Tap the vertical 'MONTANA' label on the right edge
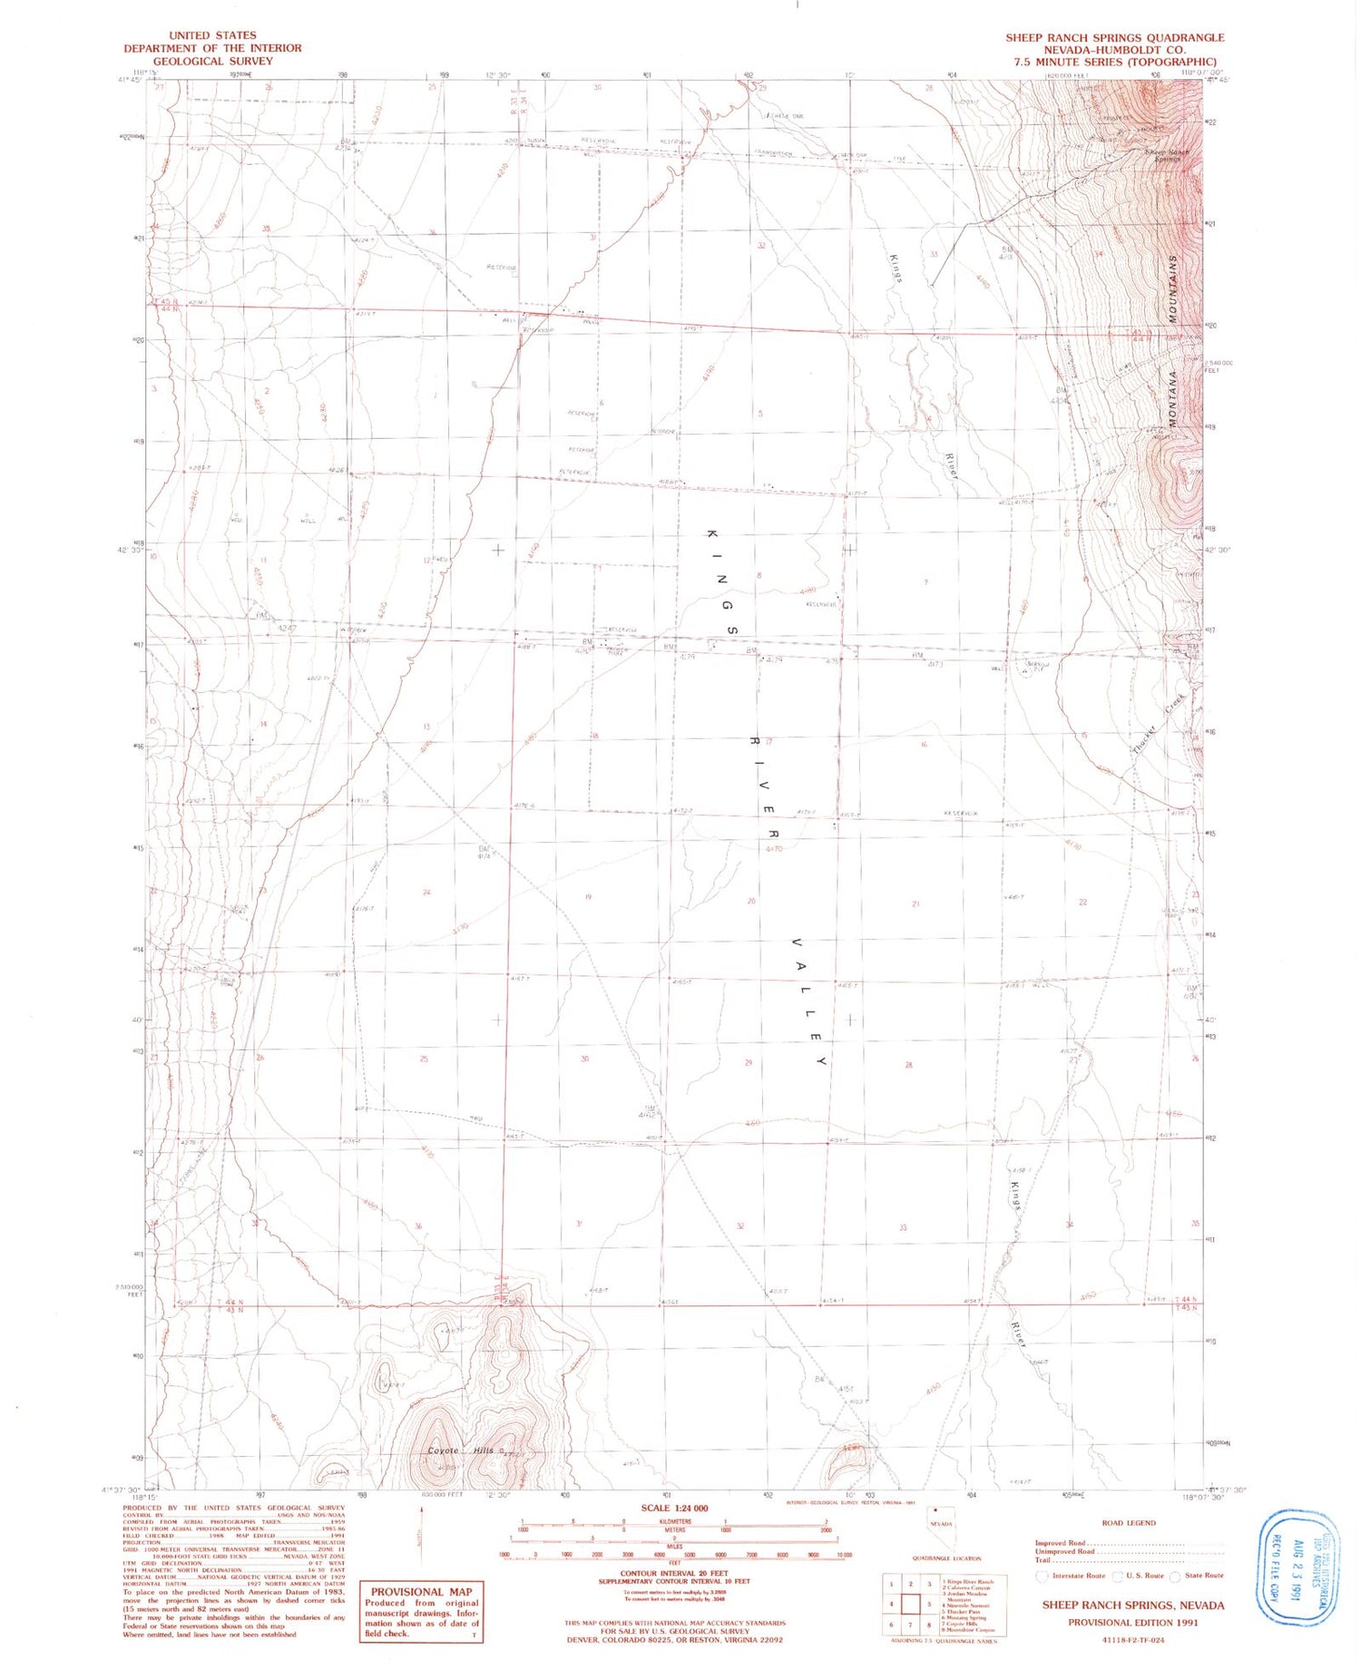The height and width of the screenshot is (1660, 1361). tap(1172, 399)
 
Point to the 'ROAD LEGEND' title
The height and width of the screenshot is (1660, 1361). tap(1128, 1522)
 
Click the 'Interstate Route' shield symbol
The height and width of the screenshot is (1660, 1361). tap(1042, 1576)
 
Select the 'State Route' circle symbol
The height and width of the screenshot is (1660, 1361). tap(1175, 1576)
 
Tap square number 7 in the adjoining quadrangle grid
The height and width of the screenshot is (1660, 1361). tap(910, 1624)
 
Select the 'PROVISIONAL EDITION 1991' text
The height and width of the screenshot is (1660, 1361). tap(1132, 1623)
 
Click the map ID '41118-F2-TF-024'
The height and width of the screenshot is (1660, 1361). tap(1132, 1640)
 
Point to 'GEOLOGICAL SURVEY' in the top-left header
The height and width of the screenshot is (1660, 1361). tap(212, 61)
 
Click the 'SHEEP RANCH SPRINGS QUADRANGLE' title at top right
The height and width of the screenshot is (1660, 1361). tap(1114, 37)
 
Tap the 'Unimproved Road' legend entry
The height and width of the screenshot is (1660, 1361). tap(1065, 1551)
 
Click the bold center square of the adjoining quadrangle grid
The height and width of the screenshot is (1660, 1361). tap(910, 1604)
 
